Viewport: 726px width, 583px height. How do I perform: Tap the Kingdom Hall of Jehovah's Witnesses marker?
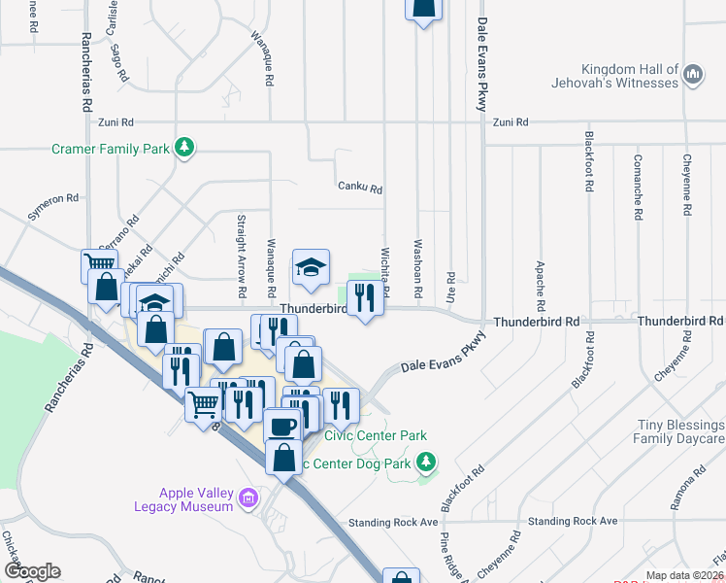pos(693,76)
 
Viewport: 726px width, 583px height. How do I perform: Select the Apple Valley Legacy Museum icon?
pos(248,499)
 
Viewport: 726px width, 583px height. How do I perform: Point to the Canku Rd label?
pos(359,188)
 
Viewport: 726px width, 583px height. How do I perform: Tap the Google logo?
pos(32,571)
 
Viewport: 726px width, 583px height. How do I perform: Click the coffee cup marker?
pos(282,427)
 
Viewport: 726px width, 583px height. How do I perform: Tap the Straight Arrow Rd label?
pos(241,257)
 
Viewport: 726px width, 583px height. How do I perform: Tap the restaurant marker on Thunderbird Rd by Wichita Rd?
pos(365,298)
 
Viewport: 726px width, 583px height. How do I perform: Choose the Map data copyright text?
pos(685,575)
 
